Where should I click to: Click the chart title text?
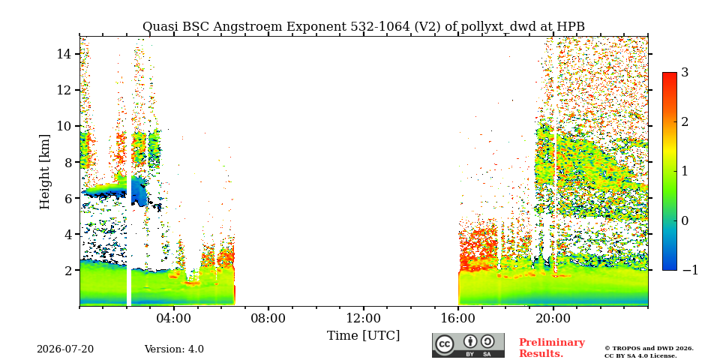364,27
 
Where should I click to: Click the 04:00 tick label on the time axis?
174,318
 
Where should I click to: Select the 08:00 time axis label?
268,318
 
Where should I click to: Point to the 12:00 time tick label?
364,318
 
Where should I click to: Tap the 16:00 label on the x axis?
458,318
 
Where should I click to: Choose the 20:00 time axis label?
553,318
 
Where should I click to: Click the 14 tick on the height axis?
64,54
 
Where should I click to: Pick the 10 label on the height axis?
64,126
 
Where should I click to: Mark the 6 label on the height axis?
67,198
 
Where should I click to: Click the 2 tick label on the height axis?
67,270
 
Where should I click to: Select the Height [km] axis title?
44,172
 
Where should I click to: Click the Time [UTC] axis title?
363,336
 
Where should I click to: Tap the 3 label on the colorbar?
685,73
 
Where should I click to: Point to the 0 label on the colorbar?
685,220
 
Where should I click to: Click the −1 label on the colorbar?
690,271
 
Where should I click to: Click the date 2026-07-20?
65,349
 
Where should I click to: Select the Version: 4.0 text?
174,349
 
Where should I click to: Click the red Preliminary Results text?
552,348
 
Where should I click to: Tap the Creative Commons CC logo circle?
444,344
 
